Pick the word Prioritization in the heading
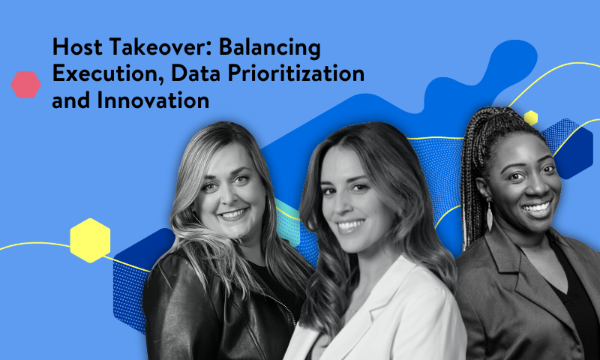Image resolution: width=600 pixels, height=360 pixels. (x=303, y=73)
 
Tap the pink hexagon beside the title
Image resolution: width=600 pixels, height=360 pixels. (x=25, y=85)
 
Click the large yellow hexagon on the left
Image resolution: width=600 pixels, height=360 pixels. (x=90, y=240)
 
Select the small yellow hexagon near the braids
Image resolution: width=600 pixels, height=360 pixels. (x=531, y=117)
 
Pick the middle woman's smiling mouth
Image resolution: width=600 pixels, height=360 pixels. (x=352, y=223)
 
